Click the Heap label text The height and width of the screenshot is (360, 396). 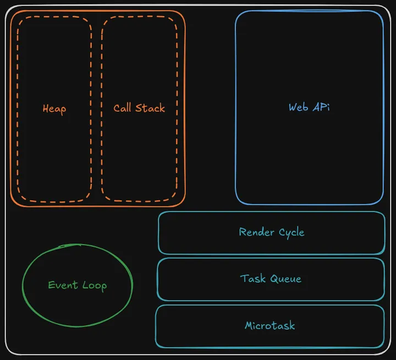[x=54, y=108]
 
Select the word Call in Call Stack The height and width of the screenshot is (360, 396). [x=122, y=108]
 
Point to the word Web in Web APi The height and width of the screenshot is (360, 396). [x=299, y=107]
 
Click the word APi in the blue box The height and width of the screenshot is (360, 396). [x=321, y=107]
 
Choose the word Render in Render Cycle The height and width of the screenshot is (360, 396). [x=257, y=232]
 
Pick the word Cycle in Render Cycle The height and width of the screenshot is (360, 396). [x=291, y=232]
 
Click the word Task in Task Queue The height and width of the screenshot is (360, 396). [x=253, y=278]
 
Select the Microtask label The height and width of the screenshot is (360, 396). [x=269, y=325]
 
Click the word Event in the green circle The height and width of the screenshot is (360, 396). [x=63, y=285]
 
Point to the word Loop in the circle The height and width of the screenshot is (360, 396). [x=95, y=285]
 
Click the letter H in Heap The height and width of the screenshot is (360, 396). [x=46, y=108]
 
